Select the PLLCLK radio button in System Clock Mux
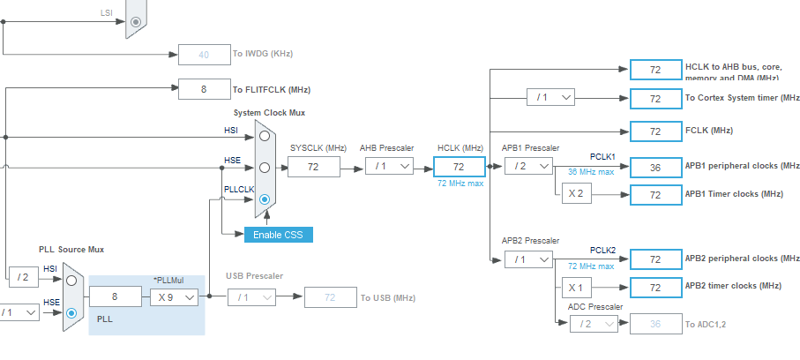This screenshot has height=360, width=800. [264, 199]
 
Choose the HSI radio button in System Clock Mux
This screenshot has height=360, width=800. [264, 136]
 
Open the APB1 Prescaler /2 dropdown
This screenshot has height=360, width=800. [527, 166]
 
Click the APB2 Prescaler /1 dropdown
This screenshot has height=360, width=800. [527, 259]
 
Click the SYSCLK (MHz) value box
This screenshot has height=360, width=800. [313, 166]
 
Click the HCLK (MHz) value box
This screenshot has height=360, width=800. [459, 166]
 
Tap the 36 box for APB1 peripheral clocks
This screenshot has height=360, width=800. [655, 166]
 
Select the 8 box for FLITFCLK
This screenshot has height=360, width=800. [204, 88]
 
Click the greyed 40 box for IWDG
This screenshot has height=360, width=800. [204, 54]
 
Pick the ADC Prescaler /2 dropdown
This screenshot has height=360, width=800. [595, 324]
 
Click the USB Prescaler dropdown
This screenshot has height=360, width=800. [252, 298]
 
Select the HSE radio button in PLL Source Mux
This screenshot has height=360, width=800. [71, 312]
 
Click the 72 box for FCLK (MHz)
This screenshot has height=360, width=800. [655, 131]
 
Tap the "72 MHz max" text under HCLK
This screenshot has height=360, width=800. [460, 183]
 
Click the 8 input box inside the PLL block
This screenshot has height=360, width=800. [116, 298]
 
